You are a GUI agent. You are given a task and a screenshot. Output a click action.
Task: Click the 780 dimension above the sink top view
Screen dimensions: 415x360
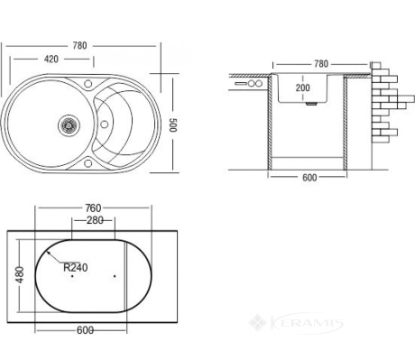tap(79, 46)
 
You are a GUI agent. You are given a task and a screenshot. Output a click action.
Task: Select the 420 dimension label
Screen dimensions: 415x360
tap(51, 60)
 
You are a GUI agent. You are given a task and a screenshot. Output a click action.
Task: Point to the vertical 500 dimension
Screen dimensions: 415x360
tap(172, 125)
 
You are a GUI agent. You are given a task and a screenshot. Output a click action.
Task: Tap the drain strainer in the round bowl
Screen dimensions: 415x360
tap(69, 125)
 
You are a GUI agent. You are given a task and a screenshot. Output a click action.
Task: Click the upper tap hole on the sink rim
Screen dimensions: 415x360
tap(88, 83)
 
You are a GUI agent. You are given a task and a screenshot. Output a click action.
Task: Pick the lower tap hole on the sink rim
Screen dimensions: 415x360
tap(88, 163)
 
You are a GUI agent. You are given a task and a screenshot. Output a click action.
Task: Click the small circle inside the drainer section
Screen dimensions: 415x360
tap(104, 124)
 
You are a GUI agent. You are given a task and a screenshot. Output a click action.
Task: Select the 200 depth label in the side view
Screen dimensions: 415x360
tap(302, 88)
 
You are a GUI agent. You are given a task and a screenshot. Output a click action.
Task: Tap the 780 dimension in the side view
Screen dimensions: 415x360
tap(321, 64)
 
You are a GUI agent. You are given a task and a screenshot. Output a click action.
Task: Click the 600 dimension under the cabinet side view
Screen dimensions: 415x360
tap(309, 178)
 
